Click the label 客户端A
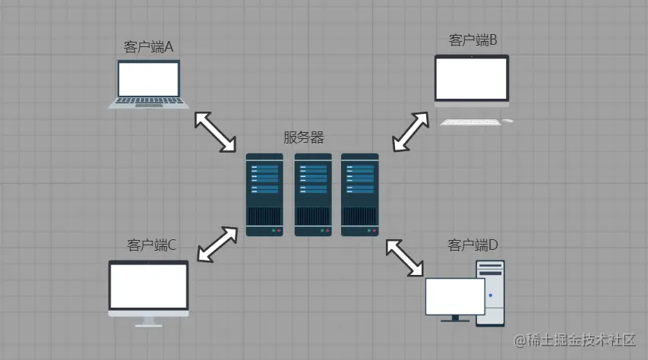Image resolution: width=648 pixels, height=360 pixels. click(149, 47)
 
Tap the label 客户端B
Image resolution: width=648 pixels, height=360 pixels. click(473, 40)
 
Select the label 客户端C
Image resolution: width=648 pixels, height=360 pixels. click(152, 245)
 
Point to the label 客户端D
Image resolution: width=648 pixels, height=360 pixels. click(473, 245)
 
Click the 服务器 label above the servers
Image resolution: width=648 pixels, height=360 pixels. click(304, 137)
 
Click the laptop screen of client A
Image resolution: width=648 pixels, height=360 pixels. click(149, 78)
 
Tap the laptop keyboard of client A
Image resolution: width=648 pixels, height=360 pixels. click(149, 103)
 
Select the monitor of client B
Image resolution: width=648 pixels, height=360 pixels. click(471, 78)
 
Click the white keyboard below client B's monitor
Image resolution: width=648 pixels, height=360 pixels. click(470, 121)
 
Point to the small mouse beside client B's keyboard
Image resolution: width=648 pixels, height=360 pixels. click(507, 121)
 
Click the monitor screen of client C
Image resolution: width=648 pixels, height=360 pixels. click(148, 286)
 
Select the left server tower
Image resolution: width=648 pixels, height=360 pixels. click(264, 194)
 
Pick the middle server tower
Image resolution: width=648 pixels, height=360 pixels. click(313, 194)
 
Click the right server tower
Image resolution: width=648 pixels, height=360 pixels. click(360, 194)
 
